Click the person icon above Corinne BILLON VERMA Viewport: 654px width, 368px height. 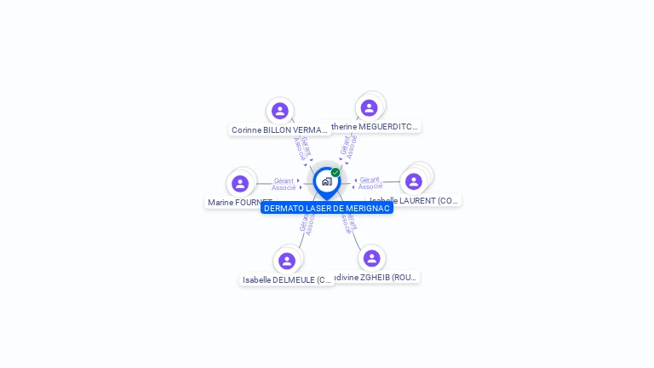[280, 111]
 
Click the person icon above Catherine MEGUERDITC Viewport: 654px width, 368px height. [369, 107]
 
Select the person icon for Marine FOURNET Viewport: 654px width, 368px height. [240, 183]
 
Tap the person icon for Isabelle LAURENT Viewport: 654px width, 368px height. [414, 181]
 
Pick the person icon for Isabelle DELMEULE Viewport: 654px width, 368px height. [287, 261]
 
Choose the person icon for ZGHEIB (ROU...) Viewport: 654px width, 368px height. [371, 258]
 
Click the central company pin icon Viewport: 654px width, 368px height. [326, 181]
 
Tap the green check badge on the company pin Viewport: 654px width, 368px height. [336, 172]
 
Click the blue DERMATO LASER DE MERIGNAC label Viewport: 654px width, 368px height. [327, 208]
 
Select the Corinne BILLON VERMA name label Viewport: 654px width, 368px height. [279, 130]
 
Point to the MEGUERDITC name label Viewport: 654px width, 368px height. [376, 127]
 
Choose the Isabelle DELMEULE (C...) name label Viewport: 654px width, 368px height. [286, 279]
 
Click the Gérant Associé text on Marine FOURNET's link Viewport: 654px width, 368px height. [284, 184]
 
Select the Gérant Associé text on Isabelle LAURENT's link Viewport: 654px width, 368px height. [370, 183]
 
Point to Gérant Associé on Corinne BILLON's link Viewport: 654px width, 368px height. [302, 148]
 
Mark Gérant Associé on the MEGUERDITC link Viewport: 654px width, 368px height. [348, 147]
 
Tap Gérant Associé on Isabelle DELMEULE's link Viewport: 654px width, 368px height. [307, 221]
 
